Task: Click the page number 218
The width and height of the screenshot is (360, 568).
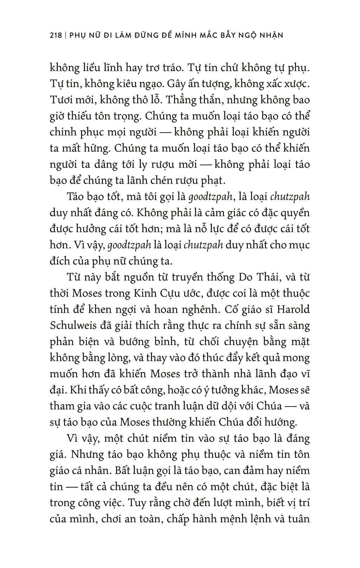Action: (x=56, y=35)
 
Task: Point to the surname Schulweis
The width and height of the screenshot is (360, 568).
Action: (x=70, y=326)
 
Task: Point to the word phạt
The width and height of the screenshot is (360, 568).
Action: (x=212, y=180)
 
